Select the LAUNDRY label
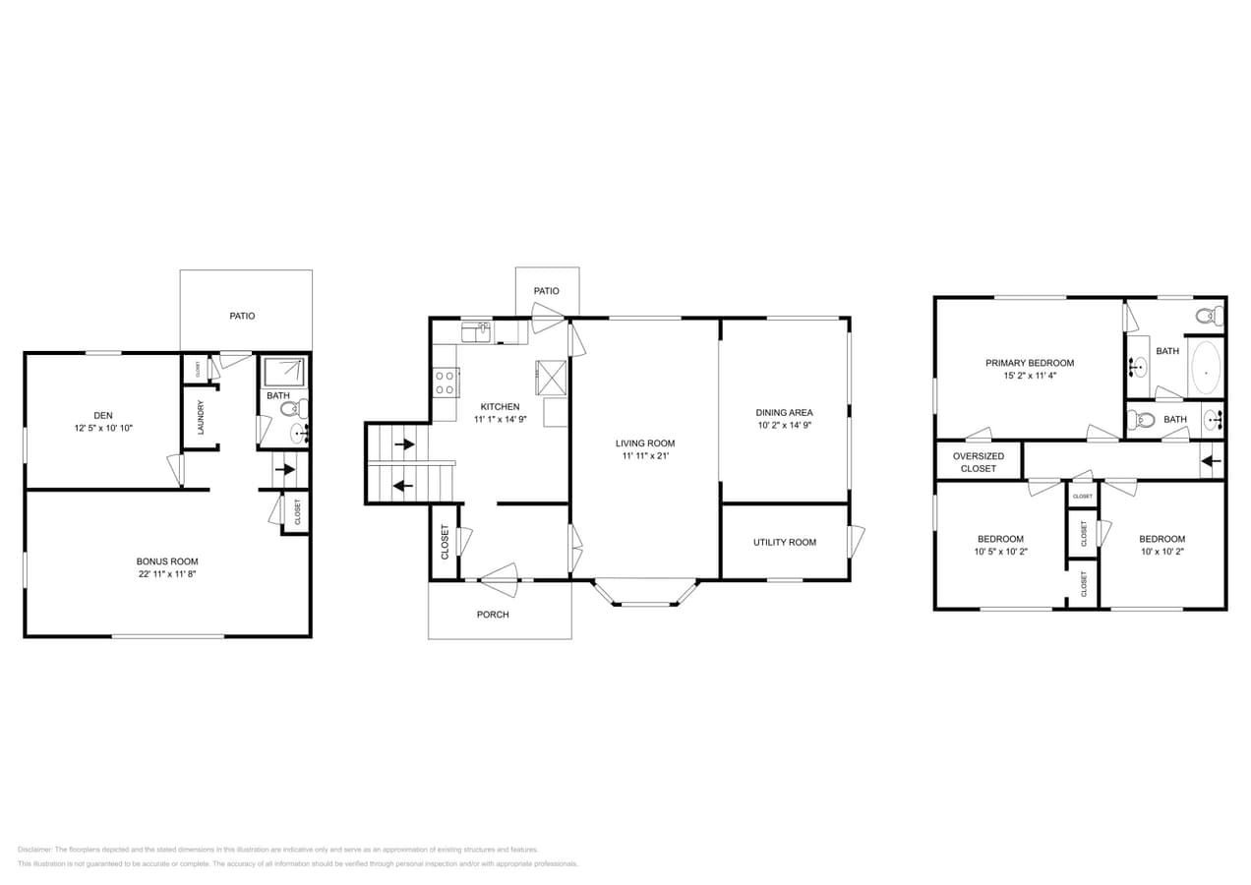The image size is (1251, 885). point(201,417)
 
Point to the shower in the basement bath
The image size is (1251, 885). point(285,371)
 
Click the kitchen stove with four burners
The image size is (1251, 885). point(446,382)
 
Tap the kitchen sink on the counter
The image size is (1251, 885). point(477,332)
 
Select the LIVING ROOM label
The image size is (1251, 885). point(645,442)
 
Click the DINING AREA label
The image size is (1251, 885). point(784,412)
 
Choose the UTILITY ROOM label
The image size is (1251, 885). point(784,542)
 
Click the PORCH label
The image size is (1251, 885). point(493,615)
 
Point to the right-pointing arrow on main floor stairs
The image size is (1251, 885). point(403,444)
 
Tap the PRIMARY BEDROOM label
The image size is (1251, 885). point(1029,363)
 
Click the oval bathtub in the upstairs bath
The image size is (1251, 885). point(1206,368)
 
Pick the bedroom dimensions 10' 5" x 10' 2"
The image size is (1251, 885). point(1000,552)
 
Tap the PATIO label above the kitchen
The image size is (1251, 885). point(546,291)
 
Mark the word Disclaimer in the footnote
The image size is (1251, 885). point(34,849)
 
